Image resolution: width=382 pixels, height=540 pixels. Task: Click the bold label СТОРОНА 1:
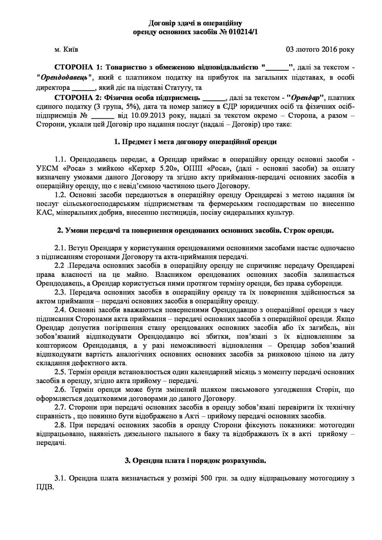(x=78, y=68)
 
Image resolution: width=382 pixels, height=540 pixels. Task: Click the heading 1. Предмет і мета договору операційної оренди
(x=195, y=142)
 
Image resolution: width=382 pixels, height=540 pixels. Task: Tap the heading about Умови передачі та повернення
(x=195, y=231)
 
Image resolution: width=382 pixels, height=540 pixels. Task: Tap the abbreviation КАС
(x=44, y=212)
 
